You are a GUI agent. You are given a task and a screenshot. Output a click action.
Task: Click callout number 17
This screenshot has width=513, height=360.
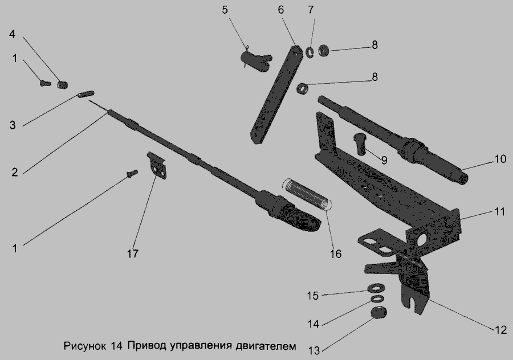pyautogui.click(x=132, y=253)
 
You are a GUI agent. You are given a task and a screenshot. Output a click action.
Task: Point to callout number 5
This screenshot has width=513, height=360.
pyautogui.click(x=225, y=10)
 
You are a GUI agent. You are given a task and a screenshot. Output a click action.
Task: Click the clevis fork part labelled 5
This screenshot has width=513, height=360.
pyautogui.click(x=255, y=59)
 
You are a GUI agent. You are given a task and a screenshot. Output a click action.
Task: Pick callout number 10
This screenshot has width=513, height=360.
pyautogui.click(x=499, y=159)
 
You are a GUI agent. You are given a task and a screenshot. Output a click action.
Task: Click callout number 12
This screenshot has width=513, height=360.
pyautogui.click(x=500, y=330)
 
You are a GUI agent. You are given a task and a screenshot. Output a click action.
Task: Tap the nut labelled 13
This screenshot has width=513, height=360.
pyautogui.click(x=379, y=313)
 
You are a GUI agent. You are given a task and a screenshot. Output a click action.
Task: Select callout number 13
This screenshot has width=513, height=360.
pyautogui.click(x=313, y=351)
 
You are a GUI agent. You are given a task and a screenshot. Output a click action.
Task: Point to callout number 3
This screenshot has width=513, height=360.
pyautogui.click(x=13, y=125)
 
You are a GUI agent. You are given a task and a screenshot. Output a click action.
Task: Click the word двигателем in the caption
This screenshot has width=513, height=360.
pyautogui.click(x=266, y=346)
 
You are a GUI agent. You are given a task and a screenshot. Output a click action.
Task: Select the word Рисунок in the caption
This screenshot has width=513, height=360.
pyautogui.click(x=85, y=346)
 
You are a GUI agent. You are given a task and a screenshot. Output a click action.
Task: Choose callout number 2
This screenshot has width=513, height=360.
pyautogui.click(x=14, y=172)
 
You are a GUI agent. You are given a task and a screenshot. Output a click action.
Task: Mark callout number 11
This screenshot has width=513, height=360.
pyautogui.click(x=499, y=212)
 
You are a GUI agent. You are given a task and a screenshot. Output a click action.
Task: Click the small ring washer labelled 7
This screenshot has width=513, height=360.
pyautogui.click(x=310, y=52)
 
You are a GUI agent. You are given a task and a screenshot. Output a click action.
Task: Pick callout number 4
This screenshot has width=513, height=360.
pyautogui.click(x=12, y=34)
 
